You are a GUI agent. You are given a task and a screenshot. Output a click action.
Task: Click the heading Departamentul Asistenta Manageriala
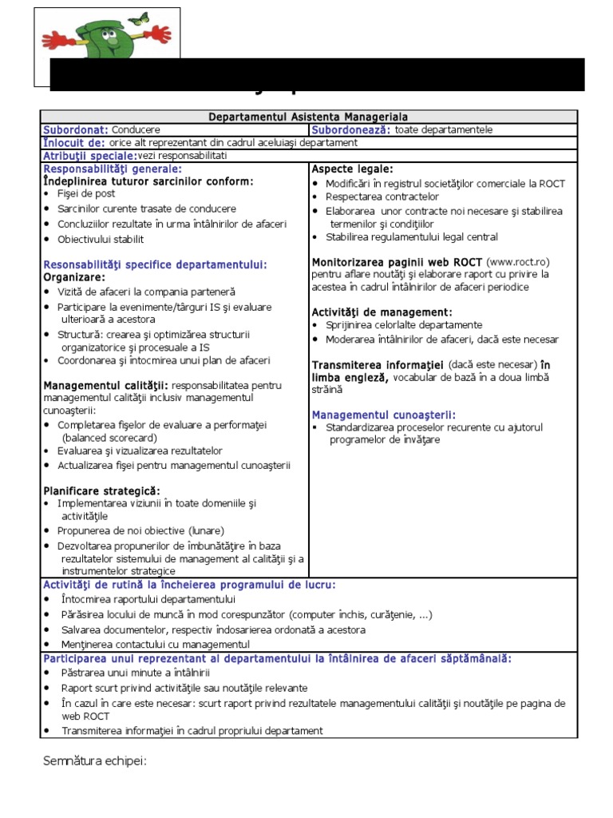[x=308, y=117]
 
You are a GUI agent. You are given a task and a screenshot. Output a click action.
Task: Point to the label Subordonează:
[x=350, y=129]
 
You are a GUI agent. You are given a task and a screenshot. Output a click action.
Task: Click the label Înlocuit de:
[x=73, y=142]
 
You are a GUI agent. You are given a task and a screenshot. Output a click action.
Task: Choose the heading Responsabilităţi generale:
[x=112, y=169]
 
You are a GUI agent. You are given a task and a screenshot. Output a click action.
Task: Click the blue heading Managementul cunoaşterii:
[x=383, y=415]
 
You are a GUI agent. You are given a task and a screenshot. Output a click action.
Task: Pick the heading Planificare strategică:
[x=101, y=490]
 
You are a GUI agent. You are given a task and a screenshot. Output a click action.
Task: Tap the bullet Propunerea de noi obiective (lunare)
[x=140, y=530]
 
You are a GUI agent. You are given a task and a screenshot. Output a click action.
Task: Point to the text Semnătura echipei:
[x=95, y=760]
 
